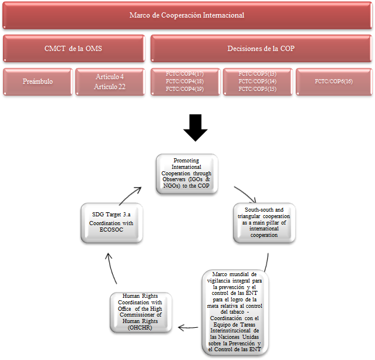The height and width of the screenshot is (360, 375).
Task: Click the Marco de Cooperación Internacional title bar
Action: (x=187, y=15)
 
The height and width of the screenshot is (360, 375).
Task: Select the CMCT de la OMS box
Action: (x=74, y=49)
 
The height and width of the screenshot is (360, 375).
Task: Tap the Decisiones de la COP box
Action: (x=261, y=49)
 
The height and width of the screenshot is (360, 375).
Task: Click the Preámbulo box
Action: (x=38, y=81)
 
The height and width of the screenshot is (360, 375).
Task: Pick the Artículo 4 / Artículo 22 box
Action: (x=110, y=81)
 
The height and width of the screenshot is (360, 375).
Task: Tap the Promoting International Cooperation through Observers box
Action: (x=187, y=174)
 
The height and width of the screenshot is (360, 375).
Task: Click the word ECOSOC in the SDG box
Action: (x=111, y=230)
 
